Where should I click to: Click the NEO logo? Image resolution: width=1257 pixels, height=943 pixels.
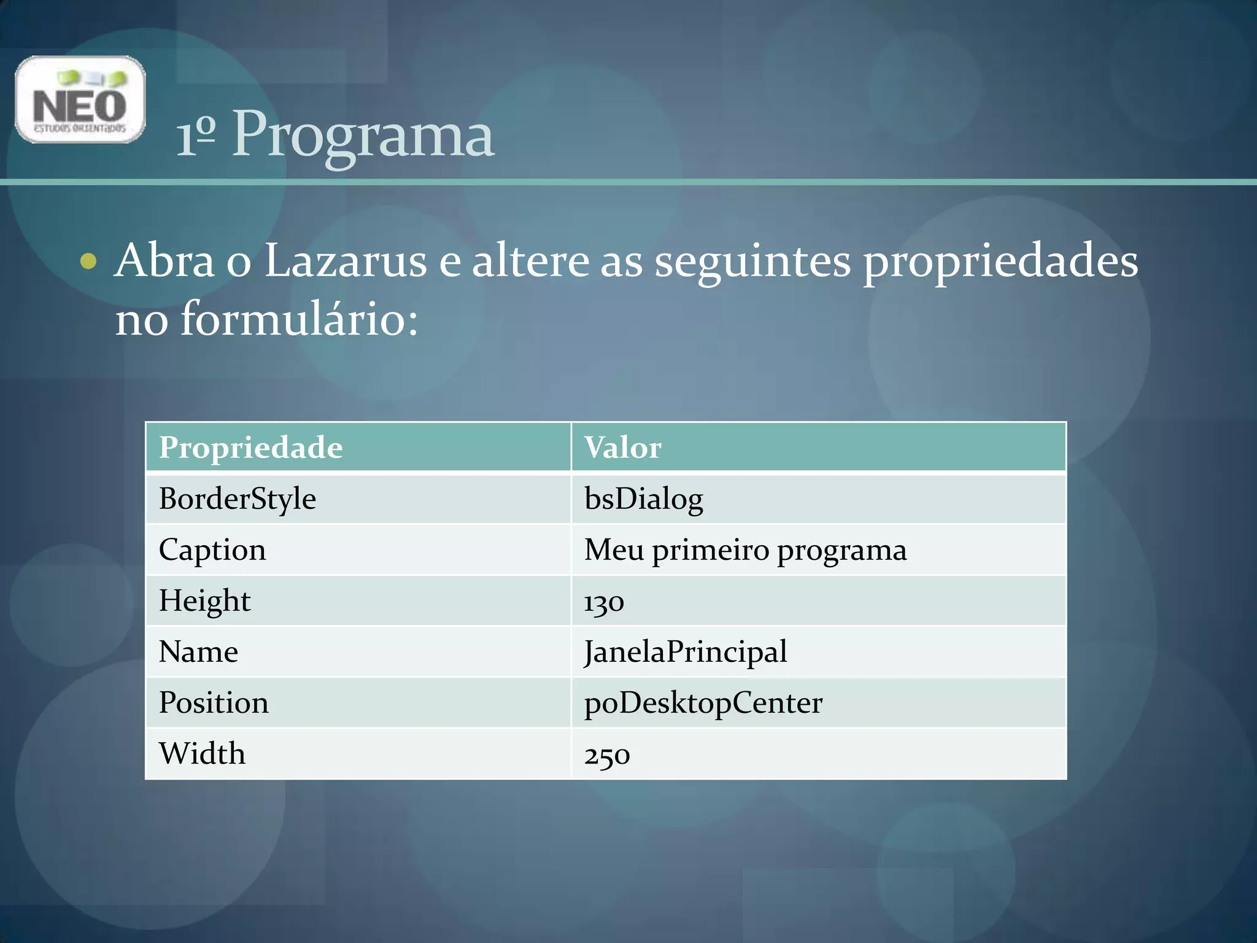pyautogui.click(x=80, y=99)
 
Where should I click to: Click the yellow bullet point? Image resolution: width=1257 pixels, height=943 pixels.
pyautogui.click(x=88, y=261)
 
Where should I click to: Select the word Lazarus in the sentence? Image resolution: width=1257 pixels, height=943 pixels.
pyautogui.click(x=345, y=261)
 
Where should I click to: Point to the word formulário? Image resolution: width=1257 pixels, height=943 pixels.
pyautogui.click(x=298, y=319)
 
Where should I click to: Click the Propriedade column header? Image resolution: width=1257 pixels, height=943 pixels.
pyautogui.click(x=250, y=448)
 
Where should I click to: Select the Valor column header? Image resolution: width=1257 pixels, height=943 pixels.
pyautogui.click(x=622, y=448)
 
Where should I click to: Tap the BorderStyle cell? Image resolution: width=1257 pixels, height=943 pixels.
pyautogui.click(x=238, y=499)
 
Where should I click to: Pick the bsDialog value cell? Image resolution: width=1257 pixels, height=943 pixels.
pyautogui.click(x=643, y=499)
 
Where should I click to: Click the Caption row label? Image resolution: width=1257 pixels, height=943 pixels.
pyautogui.click(x=212, y=549)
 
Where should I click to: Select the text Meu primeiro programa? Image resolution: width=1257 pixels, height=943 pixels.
pyautogui.click(x=745, y=549)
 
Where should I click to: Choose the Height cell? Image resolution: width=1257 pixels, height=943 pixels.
pyautogui.click(x=204, y=600)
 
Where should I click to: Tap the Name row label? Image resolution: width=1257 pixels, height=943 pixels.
pyautogui.click(x=198, y=651)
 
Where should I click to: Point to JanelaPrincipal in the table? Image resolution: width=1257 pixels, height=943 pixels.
pyautogui.click(x=686, y=651)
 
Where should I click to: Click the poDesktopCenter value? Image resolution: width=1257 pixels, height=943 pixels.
pyautogui.click(x=703, y=703)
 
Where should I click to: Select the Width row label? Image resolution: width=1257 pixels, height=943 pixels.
pyautogui.click(x=202, y=754)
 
